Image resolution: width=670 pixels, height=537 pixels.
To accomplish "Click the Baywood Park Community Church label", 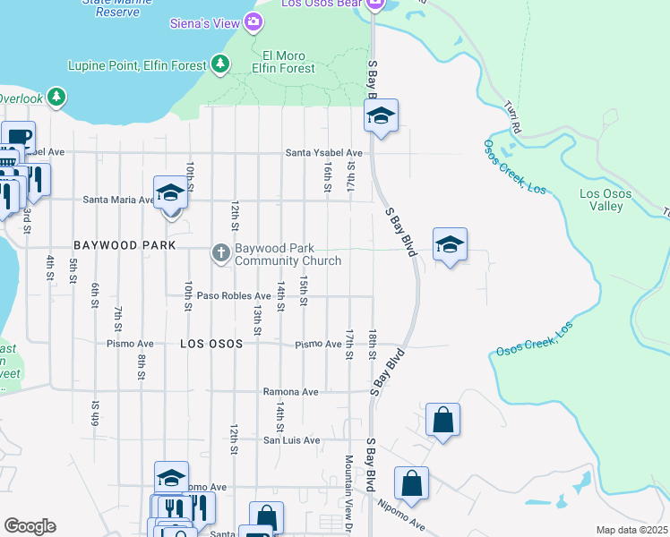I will click(x=288, y=255).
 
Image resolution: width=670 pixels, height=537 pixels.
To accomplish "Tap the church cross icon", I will click(x=220, y=254).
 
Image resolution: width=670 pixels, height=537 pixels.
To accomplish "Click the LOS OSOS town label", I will click(x=211, y=343).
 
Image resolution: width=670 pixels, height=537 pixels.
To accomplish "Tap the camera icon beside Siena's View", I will click(x=253, y=21).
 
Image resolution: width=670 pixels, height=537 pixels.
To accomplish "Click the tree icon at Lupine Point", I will click(x=219, y=64).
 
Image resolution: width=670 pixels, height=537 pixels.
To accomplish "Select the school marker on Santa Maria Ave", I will click(x=169, y=193).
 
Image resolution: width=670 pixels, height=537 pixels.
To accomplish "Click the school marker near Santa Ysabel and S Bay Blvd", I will click(x=381, y=115).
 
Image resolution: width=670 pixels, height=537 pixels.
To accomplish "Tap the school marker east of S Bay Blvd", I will click(x=450, y=244).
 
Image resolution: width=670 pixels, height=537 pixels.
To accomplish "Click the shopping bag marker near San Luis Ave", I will click(x=442, y=420).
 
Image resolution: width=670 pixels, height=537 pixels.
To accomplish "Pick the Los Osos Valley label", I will click(x=606, y=200).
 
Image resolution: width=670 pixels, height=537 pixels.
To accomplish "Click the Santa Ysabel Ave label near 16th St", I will click(x=323, y=153).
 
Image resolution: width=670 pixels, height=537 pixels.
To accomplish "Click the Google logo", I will click(x=30, y=526).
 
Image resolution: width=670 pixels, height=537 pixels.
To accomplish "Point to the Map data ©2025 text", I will click(x=631, y=530).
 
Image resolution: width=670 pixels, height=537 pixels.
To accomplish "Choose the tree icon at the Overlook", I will click(x=56, y=96).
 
